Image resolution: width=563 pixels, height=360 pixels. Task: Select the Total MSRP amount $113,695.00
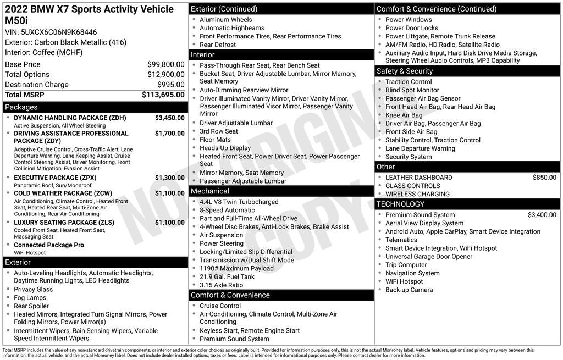pos(163,95)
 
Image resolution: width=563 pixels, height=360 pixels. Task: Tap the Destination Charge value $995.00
pos(171,85)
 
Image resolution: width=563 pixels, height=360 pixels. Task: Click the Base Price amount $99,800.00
pos(165,64)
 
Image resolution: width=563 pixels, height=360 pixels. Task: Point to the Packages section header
pos(21,107)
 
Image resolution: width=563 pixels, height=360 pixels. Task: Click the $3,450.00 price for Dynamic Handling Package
pos(169,118)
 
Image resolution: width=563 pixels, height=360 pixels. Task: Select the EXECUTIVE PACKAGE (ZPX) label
pos(55,178)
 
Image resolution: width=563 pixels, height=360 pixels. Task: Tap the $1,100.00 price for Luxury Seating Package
pos(169,223)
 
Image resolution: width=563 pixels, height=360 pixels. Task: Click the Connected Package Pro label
pos(49,245)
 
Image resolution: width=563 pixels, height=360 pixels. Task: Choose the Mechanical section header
pos(210,191)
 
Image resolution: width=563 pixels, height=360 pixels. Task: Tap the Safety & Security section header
pos(405,71)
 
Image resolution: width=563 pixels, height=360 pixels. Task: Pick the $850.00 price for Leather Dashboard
pos(544,178)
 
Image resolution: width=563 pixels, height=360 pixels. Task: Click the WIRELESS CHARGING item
pos(417,194)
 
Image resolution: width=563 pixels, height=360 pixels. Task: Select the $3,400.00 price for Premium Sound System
pos(542,215)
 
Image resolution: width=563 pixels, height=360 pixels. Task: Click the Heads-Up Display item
pos(225,148)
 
